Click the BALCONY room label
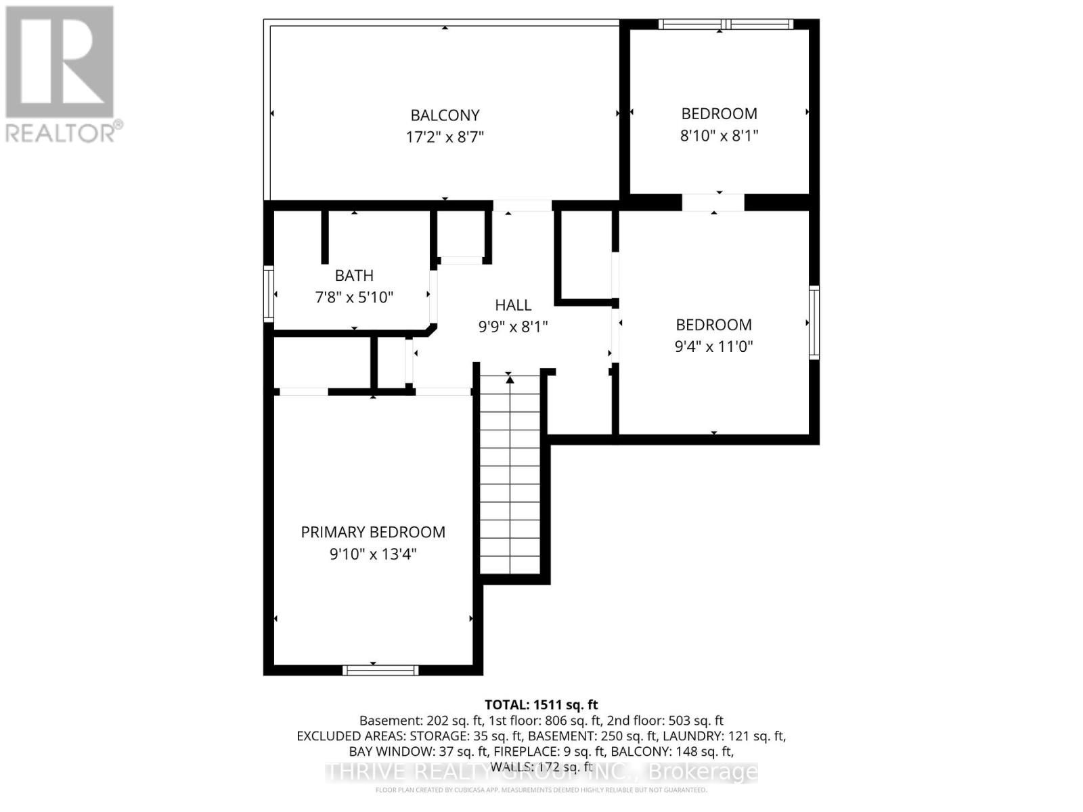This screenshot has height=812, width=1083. pyautogui.click(x=445, y=115)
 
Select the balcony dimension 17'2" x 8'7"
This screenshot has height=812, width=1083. pyautogui.click(x=445, y=137)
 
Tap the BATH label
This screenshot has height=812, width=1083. pyautogui.click(x=354, y=275)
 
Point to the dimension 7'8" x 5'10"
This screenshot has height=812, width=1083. pyautogui.click(x=354, y=297)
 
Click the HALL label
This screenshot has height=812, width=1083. pyautogui.click(x=513, y=305)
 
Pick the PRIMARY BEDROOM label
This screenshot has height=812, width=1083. pyautogui.click(x=373, y=532)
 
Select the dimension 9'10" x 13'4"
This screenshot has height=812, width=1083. pyautogui.click(x=373, y=554)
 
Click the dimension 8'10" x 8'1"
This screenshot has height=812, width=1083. pyautogui.click(x=719, y=135)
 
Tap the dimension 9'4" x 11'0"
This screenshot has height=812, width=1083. pyautogui.click(x=713, y=346)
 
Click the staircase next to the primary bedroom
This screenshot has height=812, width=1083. pyautogui.click(x=510, y=474)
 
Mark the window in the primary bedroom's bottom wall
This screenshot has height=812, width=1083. pyautogui.click(x=380, y=670)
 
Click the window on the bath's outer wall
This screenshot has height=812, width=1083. pyautogui.click(x=269, y=294)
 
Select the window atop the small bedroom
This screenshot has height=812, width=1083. pyautogui.click(x=726, y=24)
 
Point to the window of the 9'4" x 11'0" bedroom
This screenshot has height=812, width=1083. pyautogui.click(x=814, y=322)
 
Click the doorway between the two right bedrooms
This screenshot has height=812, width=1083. pyautogui.click(x=713, y=202)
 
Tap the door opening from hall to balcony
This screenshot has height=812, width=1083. pyautogui.click(x=522, y=206)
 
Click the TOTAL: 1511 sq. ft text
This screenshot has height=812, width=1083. pyautogui.click(x=541, y=704)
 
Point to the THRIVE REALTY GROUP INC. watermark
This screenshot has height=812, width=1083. pyautogui.click(x=541, y=771)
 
